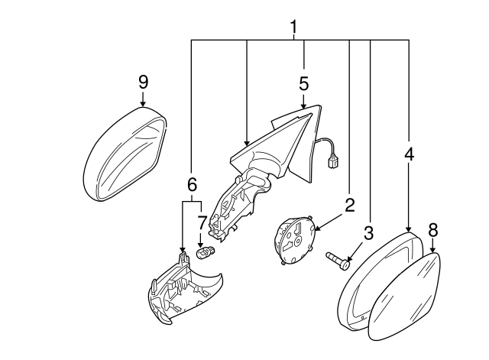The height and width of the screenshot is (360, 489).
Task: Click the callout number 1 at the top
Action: click(x=293, y=28)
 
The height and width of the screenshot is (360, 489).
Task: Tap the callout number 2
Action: click(x=349, y=205)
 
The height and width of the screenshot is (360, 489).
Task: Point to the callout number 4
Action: click(x=409, y=154)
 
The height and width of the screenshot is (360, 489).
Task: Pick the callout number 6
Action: click(x=192, y=183)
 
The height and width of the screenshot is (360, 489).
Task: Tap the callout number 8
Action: click(x=432, y=229)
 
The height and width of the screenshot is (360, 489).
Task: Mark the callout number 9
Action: click(x=143, y=81)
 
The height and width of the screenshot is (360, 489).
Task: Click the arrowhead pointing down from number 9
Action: click(x=143, y=102)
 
